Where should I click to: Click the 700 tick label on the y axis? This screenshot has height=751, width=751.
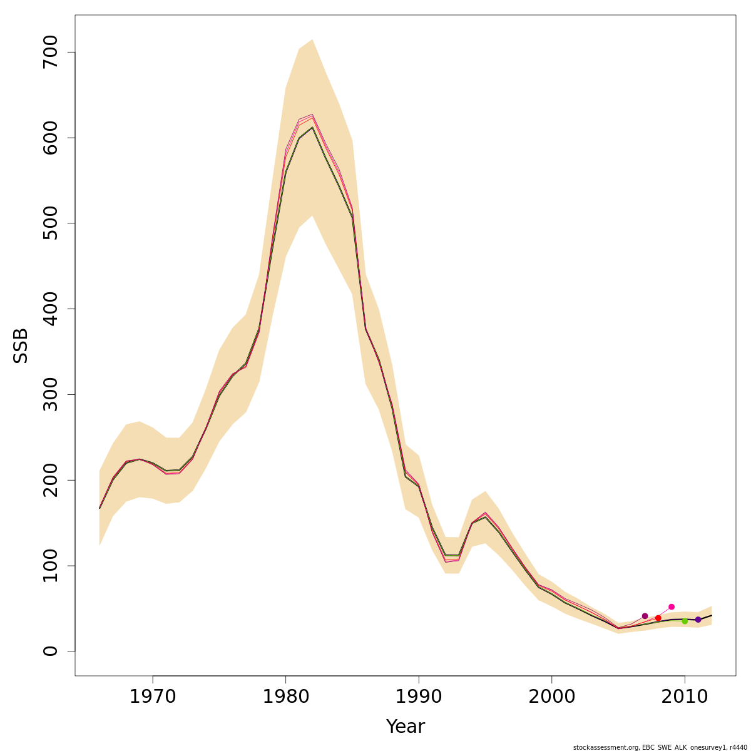[51, 52]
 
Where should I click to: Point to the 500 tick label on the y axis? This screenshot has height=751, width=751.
[51, 223]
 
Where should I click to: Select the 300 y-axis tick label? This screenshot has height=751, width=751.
[51, 394]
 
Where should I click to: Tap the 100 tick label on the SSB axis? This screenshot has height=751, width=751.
[51, 566]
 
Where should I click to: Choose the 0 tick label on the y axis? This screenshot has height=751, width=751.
[51, 651]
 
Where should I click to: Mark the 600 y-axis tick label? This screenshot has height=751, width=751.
[51, 138]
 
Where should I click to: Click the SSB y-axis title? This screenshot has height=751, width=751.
[21, 345]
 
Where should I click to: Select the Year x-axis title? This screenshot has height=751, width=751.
[405, 727]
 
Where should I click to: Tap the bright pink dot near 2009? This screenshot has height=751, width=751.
[672, 606]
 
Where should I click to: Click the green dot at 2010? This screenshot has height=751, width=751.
[685, 621]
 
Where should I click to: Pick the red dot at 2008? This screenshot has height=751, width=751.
[658, 618]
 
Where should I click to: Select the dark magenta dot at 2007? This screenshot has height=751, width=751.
[645, 616]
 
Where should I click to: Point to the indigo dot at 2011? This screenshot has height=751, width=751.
[698, 620]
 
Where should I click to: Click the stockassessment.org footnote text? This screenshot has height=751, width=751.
[660, 747]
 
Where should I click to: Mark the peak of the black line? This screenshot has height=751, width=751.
[312, 127]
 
